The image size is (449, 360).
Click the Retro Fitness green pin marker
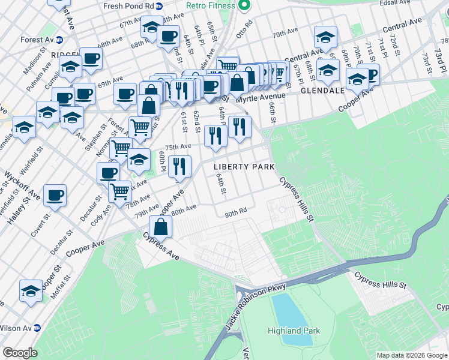pos(244,6)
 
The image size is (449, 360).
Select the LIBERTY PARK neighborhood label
pos(245,166)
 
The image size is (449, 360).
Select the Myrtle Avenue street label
pos(261,97)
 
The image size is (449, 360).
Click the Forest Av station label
pos(36,40)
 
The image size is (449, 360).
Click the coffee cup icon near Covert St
pos(55,195)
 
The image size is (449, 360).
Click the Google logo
pos(20,353)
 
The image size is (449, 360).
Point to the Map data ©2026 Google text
pos(411,355)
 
